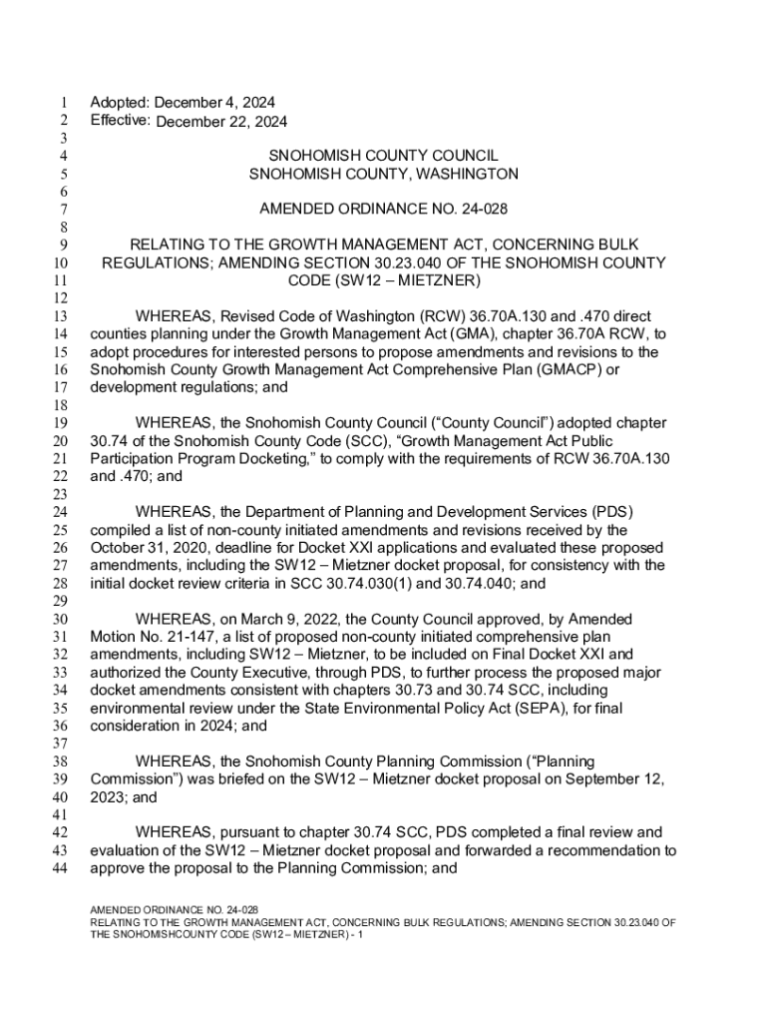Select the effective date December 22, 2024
point(221,122)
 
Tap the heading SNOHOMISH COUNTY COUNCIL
point(383,156)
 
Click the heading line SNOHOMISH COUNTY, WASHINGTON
point(383,174)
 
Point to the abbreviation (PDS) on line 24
point(613,512)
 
